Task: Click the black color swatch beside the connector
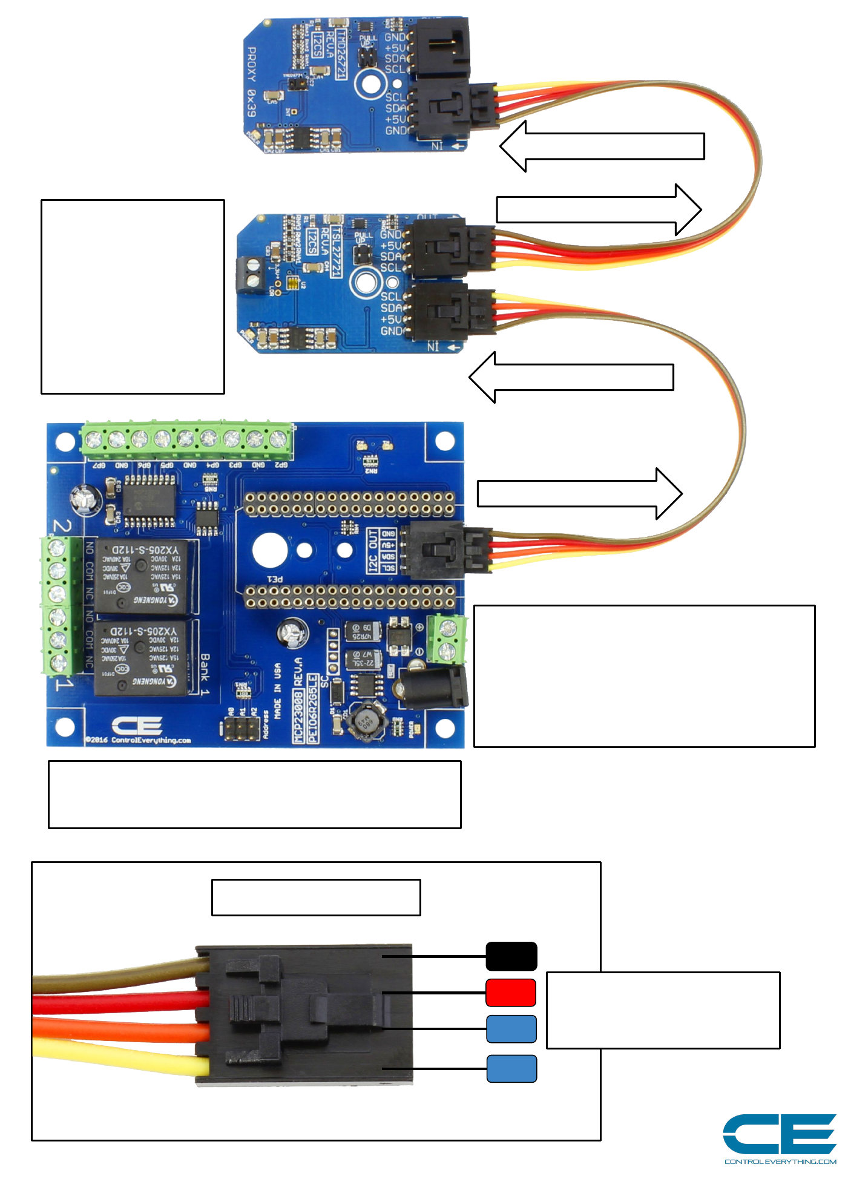point(511,956)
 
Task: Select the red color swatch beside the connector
point(511,993)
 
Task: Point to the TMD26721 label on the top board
point(341,55)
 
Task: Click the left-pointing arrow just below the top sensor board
point(602,146)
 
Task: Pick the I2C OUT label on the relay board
point(373,550)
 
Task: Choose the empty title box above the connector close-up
point(315,897)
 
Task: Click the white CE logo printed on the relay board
point(137,726)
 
